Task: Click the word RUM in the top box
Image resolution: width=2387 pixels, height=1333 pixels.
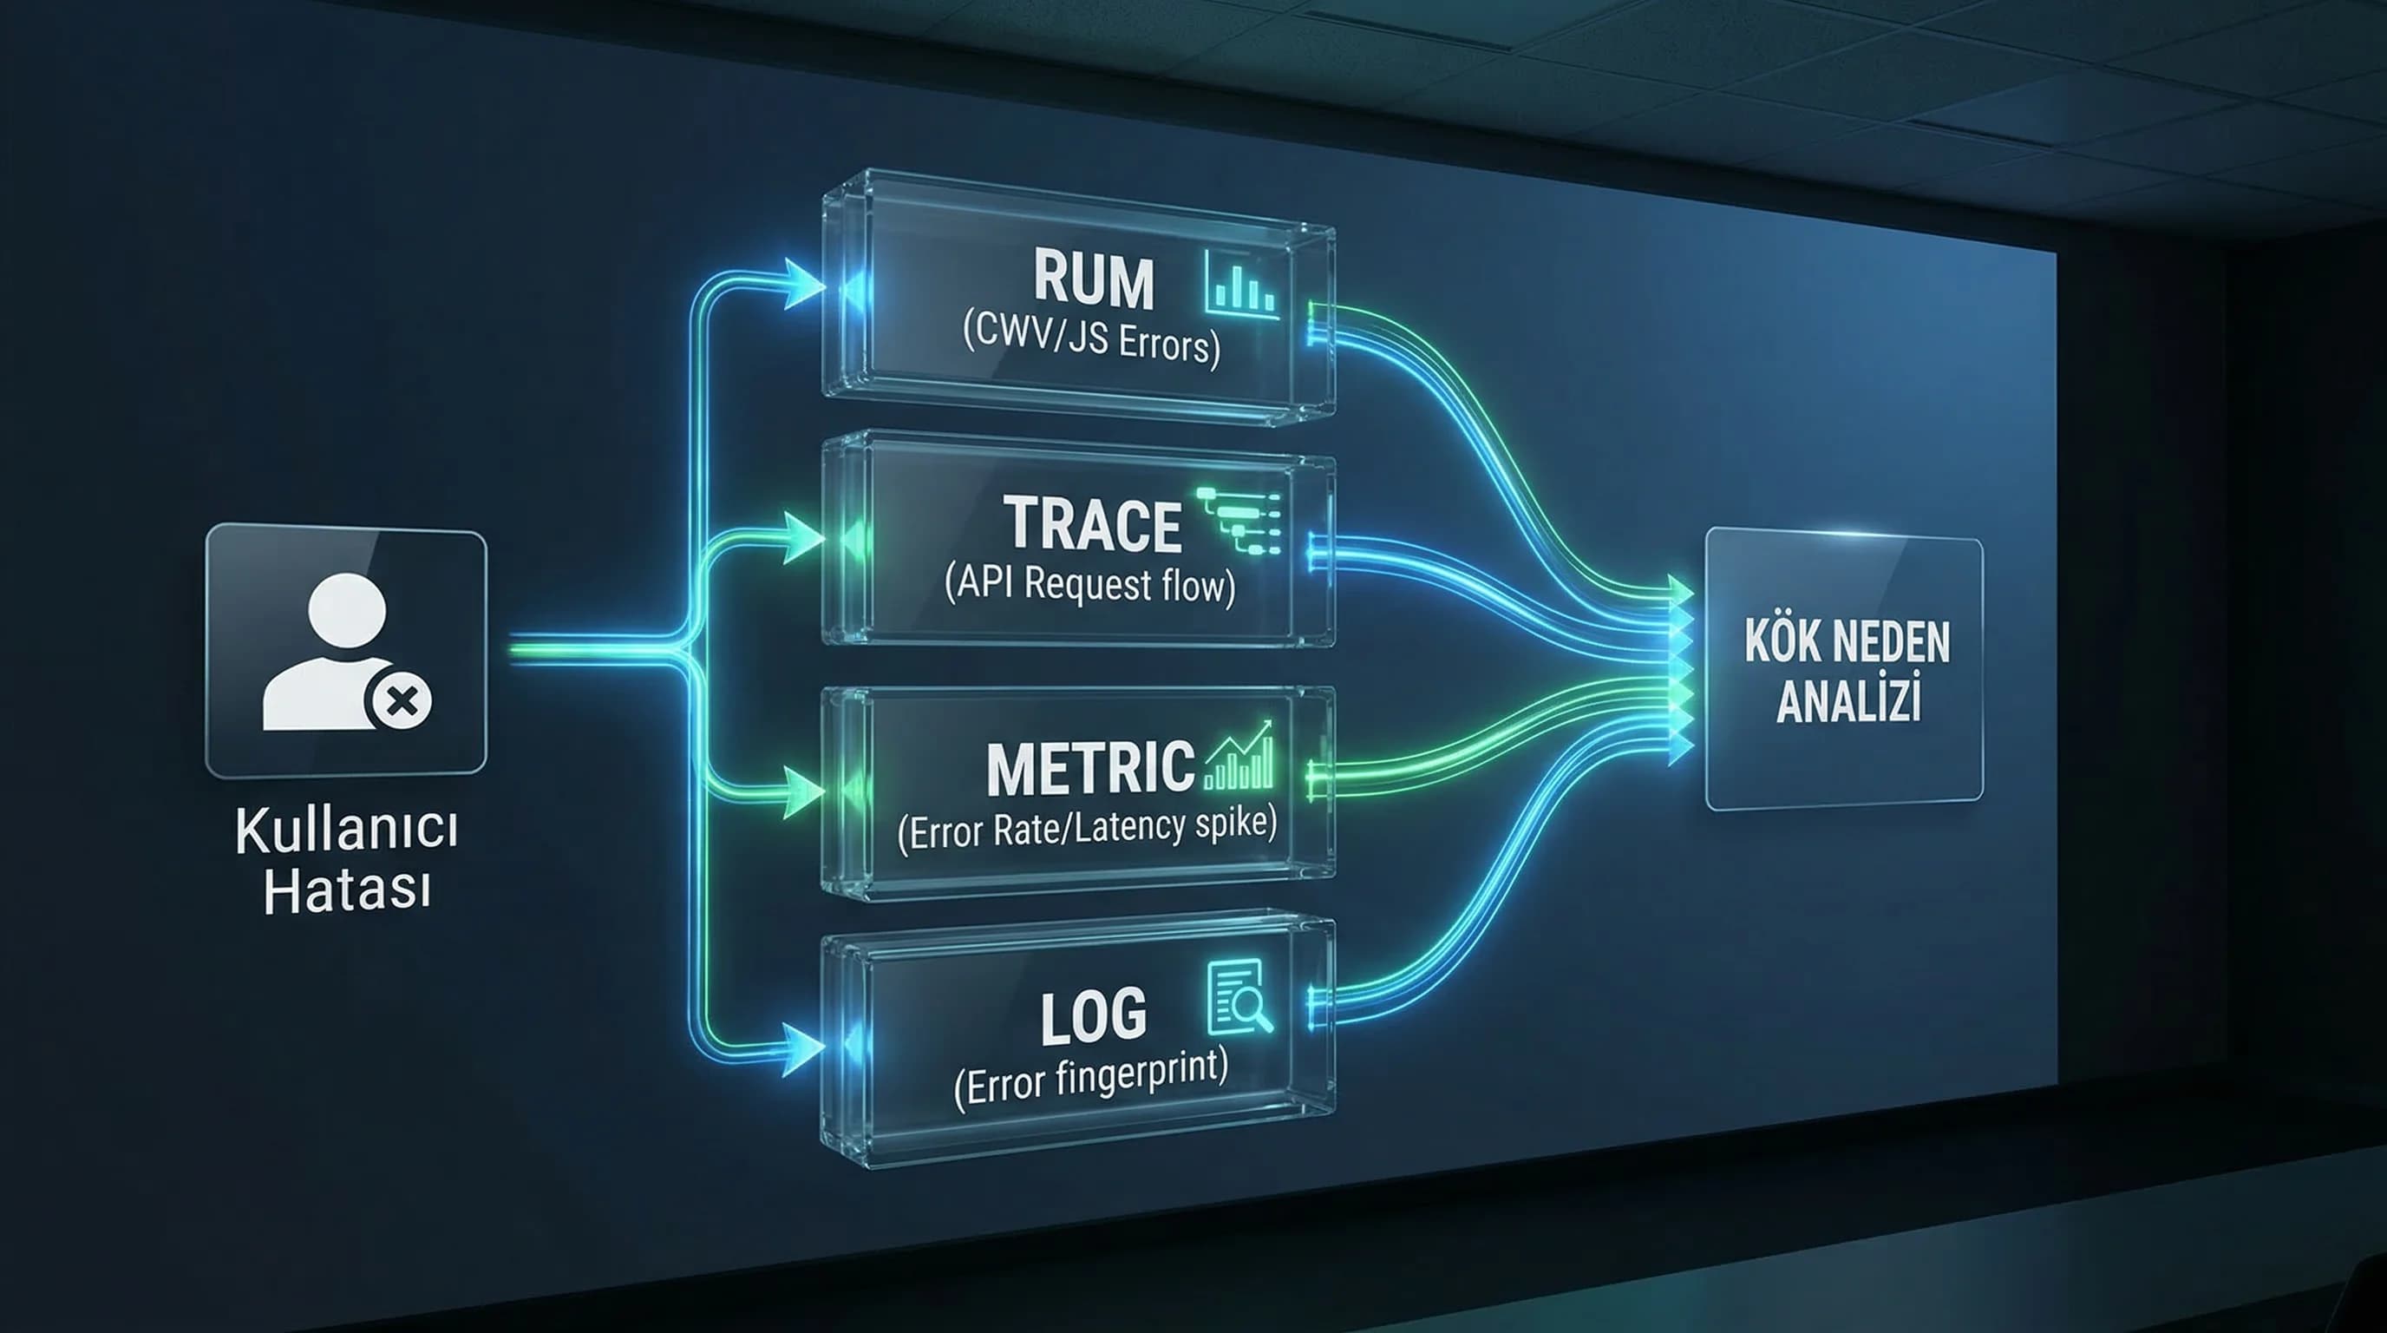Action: [x=1094, y=279]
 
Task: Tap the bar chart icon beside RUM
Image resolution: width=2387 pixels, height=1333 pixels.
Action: [x=1243, y=285]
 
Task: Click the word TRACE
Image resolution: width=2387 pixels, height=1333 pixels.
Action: [x=1093, y=524]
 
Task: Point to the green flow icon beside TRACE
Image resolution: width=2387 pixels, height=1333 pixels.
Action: [x=1239, y=521]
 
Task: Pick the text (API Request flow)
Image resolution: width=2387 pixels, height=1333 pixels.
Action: [x=1089, y=585]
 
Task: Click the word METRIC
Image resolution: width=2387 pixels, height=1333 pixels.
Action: [x=1090, y=768]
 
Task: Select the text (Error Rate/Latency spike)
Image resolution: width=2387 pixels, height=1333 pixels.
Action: [x=1087, y=828]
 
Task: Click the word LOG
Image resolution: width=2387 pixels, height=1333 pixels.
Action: [x=1094, y=1017]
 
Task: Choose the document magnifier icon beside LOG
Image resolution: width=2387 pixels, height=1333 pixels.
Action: [x=1240, y=997]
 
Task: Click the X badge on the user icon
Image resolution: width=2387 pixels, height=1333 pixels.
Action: [x=401, y=701]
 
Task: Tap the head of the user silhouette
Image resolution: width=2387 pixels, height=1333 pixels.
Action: [x=348, y=611]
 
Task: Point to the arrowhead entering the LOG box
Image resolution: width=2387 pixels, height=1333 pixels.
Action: [x=803, y=1048]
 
